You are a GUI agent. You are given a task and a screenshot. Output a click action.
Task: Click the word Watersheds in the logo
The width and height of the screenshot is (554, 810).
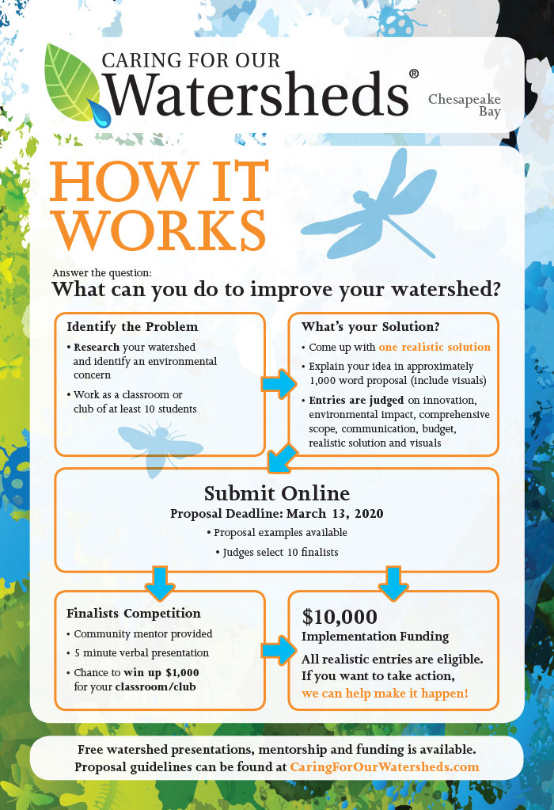(x=256, y=94)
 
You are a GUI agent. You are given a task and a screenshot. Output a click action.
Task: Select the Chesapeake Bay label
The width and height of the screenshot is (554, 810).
(x=465, y=105)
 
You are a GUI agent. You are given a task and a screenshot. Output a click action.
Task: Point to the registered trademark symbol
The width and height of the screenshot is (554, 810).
(x=414, y=74)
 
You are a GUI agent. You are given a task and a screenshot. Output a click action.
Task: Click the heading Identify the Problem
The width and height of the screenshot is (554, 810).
(x=132, y=326)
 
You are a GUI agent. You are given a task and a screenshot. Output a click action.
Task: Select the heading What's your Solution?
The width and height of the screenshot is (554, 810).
(x=370, y=326)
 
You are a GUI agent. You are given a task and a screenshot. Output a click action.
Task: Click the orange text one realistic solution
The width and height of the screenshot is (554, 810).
(x=434, y=347)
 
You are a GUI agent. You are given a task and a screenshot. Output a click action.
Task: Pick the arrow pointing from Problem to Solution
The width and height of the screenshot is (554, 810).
(x=279, y=383)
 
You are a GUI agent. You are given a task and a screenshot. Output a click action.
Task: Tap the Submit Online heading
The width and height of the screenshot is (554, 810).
(x=277, y=493)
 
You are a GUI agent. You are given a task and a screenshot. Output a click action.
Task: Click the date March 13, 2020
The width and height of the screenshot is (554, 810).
(x=335, y=514)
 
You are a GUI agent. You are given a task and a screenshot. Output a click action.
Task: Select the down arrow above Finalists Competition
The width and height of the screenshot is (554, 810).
(x=160, y=584)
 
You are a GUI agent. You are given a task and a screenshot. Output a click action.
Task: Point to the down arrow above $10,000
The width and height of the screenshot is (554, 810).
(x=393, y=584)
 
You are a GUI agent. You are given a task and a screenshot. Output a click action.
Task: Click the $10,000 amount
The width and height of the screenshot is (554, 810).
(x=340, y=617)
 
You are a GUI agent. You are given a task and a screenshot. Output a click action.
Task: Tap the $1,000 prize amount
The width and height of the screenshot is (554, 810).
(x=182, y=672)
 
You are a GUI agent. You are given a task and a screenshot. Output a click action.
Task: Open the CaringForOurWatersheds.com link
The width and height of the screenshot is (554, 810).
(x=385, y=767)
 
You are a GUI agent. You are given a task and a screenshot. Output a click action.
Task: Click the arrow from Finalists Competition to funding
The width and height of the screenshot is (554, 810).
(x=279, y=650)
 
